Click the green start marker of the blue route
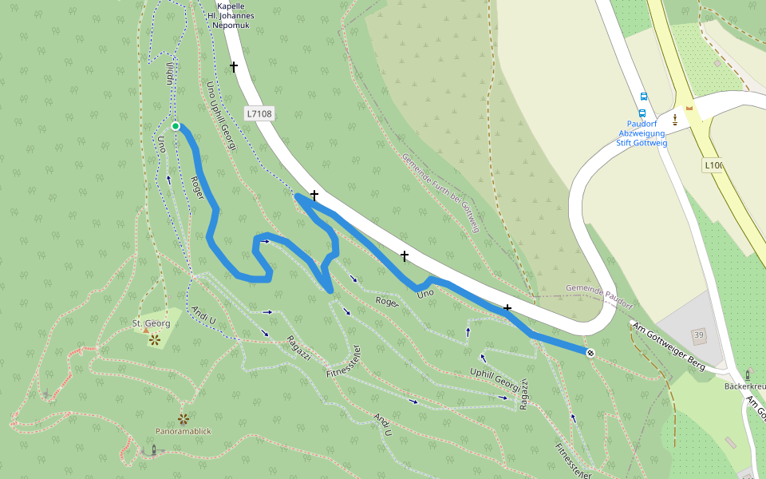[176, 126]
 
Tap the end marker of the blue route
[590, 353]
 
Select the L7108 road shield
[259, 113]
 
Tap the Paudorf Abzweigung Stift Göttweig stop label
[642, 133]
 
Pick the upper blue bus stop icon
[644, 97]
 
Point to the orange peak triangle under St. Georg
[146, 331]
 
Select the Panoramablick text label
[183, 431]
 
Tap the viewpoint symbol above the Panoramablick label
[184, 418]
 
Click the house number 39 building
[698, 334]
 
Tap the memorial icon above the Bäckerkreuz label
[748, 374]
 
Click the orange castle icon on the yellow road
[689, 107]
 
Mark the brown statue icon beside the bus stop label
[675, 120]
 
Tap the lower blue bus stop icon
[642, 113]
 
